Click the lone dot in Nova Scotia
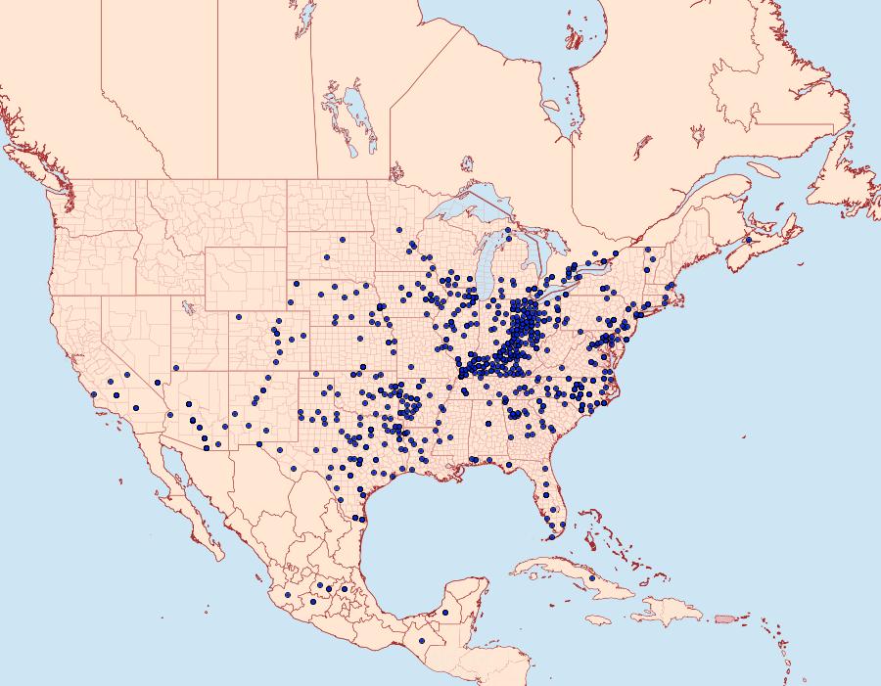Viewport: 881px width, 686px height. click(748, 240)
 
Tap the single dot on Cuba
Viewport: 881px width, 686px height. click(592, 578)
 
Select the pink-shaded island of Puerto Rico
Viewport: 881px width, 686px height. click(724, 618)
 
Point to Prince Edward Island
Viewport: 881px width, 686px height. click(773, 217)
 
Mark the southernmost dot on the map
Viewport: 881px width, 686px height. click(421, 641)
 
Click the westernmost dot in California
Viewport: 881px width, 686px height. click(93, 394)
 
